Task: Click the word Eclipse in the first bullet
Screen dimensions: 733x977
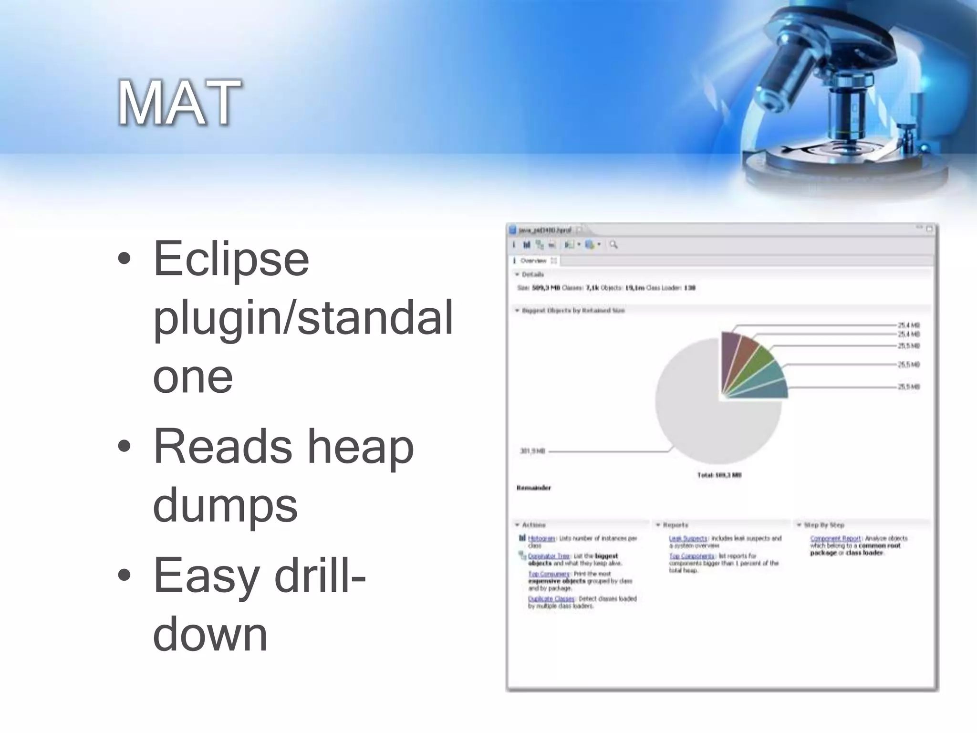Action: [231, 259]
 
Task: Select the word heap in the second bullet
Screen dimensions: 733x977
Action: [360, 447]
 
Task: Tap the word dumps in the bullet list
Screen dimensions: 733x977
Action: [225, 505]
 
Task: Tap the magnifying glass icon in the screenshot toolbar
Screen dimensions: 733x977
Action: [613, 245]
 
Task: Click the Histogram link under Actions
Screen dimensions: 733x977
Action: [541, 538]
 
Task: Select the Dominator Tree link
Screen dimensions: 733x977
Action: [549, 556]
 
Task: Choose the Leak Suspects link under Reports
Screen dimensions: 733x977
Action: [688, 538]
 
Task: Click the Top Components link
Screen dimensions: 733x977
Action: [692, 556]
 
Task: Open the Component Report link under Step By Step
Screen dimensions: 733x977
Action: [835, 538]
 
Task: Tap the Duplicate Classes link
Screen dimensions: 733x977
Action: [551, 599]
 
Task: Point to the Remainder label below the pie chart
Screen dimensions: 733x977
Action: [534, 488]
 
